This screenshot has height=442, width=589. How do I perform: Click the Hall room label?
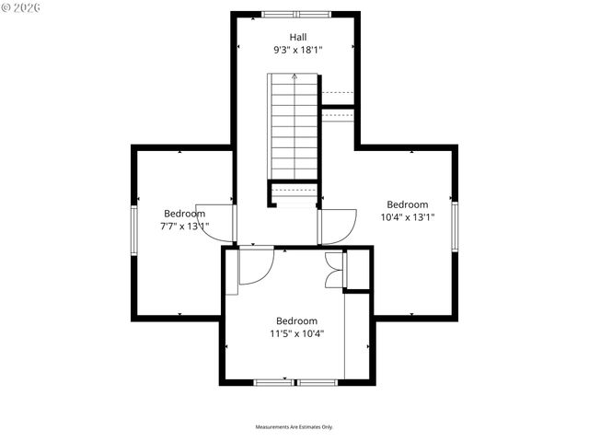(x=294, y=36)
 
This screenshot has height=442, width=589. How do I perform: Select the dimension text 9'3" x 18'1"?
(x=294, y=50)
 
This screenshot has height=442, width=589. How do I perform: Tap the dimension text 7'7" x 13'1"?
(x=184, y=226)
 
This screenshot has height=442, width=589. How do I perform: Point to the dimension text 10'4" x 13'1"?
(x=407, y=217)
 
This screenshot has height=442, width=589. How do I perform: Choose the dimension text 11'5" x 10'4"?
(x=296, y=333)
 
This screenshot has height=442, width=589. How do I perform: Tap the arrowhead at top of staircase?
(x=294, y=78)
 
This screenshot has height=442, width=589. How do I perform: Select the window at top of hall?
(x=294, y=14)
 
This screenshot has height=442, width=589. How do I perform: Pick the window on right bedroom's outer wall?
(x=455, y=226)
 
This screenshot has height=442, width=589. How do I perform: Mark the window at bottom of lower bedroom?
(x=296, y=381)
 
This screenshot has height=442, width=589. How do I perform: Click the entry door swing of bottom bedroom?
(x=255, y=265)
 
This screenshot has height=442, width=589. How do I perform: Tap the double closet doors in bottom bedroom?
(x=334, y=269)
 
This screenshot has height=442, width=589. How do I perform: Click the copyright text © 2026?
(x=21, y=7)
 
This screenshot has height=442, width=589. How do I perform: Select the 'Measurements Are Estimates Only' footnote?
(x=294, y=427)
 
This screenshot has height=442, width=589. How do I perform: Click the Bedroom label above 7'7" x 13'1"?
(x=184, y=213)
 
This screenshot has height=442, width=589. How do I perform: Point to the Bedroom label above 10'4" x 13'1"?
(x=407, y=204)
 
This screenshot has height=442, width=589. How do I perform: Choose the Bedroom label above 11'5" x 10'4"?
(x=296, y=320)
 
